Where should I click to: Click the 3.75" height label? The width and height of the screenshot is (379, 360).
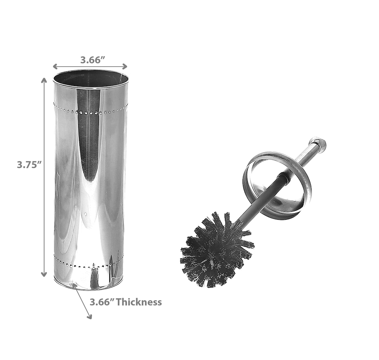point(29,164)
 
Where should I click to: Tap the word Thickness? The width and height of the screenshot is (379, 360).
point(139,302)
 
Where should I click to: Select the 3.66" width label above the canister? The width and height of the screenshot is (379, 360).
point(93,60)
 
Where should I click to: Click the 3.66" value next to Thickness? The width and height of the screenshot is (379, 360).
point(102,302)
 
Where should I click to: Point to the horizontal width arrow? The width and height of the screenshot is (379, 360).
point(90,67)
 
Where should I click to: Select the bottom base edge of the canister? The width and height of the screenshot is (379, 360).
point(89,287)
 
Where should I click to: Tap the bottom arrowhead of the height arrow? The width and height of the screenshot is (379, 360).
point(44,274)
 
